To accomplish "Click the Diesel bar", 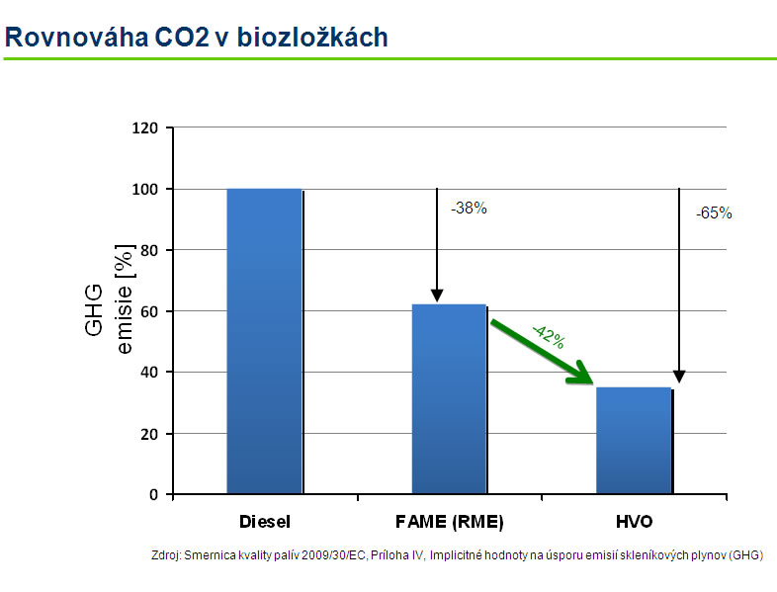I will coord(264,341).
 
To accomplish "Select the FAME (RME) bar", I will coord(449,399).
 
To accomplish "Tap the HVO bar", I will coord(634,440).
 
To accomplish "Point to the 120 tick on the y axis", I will coord(145,128).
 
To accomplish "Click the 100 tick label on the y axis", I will coord(145,189).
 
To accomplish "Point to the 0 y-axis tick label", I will coord(153,495).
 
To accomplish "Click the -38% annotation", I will coord(469,209).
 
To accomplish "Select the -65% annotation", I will coord(714,213).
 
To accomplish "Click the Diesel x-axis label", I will coord(264,520).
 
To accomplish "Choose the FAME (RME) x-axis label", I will coord(449,520).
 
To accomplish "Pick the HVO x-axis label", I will coord(634,520).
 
